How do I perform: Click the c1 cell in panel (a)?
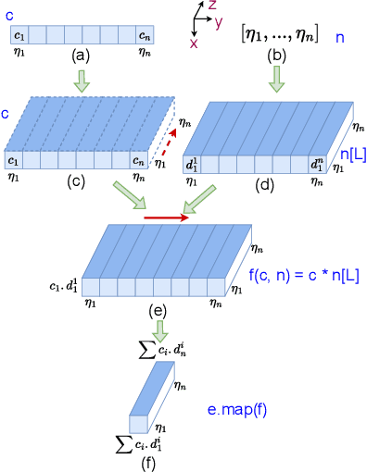pos(19,36)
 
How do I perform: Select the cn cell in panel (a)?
pos(144,36)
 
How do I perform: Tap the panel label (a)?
pos(82,55)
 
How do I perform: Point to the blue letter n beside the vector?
pos(340,40)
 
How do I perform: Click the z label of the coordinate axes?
pos(212,6)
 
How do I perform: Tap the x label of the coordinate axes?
pos(193,43)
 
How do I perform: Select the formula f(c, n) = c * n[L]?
pos(304,274)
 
